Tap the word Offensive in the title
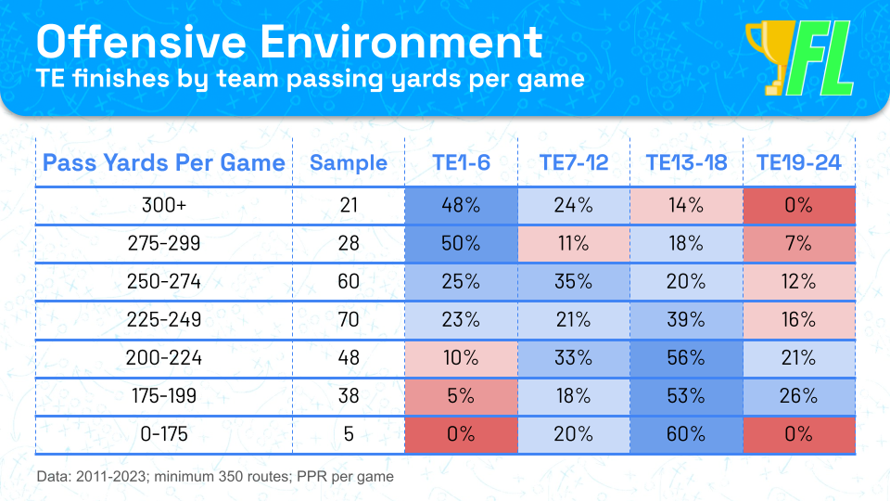pos(140,42)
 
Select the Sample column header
pos(349,163)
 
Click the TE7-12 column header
pos(573,163)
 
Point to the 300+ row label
pos(164,205)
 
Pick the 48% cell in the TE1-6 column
pos(461,206)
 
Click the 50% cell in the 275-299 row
pos(461,244)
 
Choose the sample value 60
pos(349,281)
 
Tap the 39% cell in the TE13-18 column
pos(686,320)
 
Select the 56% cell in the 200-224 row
pos(686,358)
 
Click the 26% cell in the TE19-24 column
pos(798,396)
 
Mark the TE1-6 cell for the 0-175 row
pos(461,435)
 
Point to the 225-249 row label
pos(164,320)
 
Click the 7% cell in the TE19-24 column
pos(798,244)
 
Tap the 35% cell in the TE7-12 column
pos(573,282)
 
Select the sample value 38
pos(349,396)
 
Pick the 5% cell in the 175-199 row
pos(461,396)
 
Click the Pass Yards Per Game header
pos(164,163)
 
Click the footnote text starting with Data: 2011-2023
pos(215,476)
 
